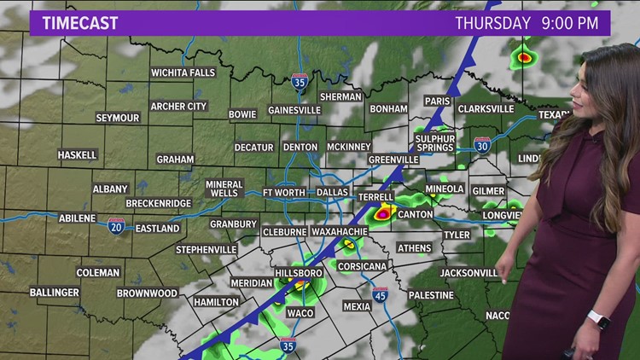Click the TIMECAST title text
(x=80, y=23)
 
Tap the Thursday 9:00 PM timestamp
(x=527, y=23)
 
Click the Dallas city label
(x=332, y=193)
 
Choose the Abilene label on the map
(x=77, y=218)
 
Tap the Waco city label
(x=300, y=313)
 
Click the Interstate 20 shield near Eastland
(x=117, y=225)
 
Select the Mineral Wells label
(x=224, y=189)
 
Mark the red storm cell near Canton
(x=383, y=213)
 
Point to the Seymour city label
(x=117, y=118)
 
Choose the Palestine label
(x=431, y=295)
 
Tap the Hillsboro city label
(x=298, y=274)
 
